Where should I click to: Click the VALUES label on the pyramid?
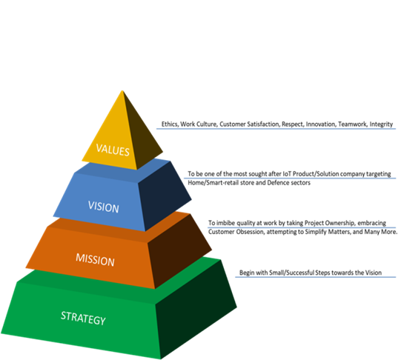(113, 150)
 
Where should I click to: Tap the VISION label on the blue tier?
(103, 207)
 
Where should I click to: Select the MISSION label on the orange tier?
(95, 259)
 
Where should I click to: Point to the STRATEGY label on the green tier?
(83, 318)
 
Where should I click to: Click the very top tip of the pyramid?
(122, 90)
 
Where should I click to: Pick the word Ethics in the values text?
(170, 124)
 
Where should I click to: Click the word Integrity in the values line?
(381, 124)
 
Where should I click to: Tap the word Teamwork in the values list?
(353, 124)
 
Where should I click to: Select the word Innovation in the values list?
(321, 124)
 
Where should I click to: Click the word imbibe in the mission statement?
(225, 223)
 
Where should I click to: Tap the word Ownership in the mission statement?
(340, 223)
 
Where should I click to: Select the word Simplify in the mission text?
(316, 232)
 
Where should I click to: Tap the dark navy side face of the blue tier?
(165, 196)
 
